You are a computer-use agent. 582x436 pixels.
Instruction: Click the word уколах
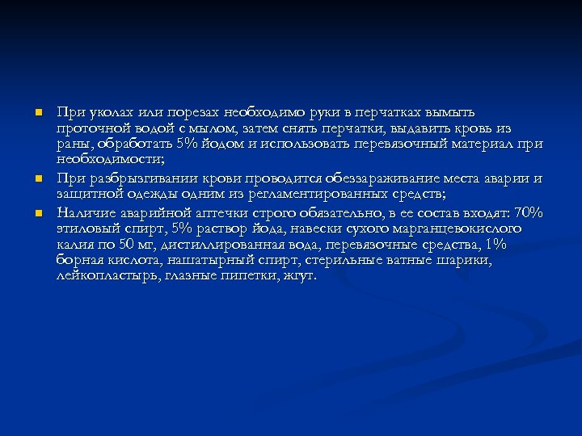click(103, 111)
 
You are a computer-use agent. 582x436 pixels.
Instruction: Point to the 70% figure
click(529, 212)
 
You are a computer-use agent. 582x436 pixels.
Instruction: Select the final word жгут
click(299, 276)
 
